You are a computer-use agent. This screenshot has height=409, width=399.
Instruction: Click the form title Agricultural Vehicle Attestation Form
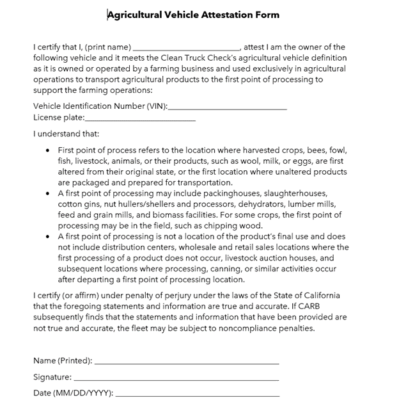[x=193, y=15]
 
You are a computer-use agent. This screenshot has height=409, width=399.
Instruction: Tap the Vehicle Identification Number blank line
[x=228, y=109]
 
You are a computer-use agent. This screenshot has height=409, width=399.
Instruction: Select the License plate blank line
[x=140, y=120]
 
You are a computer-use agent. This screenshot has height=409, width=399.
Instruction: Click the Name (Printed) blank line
[x=186, y=363]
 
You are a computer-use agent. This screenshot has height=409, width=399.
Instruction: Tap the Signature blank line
[x=176, y=380]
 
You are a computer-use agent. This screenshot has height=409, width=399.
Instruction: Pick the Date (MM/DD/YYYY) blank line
[x=197, y=394]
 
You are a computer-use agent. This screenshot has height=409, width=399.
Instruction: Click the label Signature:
[x=52, y=378]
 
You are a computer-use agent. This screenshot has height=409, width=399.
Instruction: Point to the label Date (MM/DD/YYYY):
[x=73, y=392]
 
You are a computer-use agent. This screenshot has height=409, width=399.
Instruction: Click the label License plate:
[x=58, y=118]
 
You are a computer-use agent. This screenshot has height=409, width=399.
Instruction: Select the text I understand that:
[x=66, y=134]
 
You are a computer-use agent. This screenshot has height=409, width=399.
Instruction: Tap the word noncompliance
[x=243, y=328]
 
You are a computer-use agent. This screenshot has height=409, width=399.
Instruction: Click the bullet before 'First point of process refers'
[x=49, y=150]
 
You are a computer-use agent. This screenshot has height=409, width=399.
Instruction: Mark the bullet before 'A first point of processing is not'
[x=49, y=236]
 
